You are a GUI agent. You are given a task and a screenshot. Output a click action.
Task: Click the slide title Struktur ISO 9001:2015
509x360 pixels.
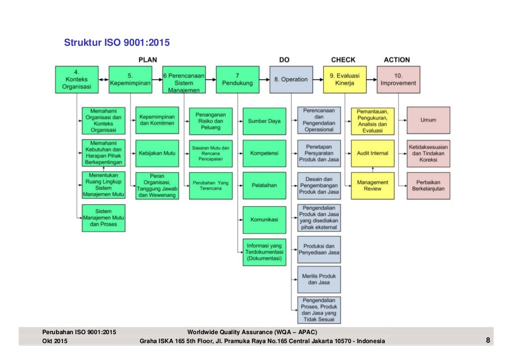click(117, 43)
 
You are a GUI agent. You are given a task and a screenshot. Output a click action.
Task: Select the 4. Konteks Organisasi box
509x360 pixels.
click(77, 79)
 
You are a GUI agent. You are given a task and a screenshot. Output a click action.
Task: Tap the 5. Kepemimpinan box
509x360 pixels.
click(130, 79)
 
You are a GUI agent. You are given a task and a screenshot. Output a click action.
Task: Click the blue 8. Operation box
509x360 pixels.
click(291, 79)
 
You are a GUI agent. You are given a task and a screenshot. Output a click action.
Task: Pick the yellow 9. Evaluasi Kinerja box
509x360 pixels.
click(344, 79)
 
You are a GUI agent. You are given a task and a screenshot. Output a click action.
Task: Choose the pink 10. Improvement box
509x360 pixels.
click(398, 79)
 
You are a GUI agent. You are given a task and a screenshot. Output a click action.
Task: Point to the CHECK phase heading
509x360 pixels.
click(343, 60)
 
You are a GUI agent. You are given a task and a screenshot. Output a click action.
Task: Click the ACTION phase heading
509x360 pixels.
click(397, 60)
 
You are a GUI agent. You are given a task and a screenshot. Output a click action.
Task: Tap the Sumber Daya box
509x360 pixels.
click(264, 121)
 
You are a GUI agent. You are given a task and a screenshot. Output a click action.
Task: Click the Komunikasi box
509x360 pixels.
click(264, 219)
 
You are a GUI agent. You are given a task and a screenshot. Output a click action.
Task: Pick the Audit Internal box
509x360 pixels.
click(372, 153)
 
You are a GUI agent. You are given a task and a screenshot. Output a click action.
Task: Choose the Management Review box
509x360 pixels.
click(372, 185)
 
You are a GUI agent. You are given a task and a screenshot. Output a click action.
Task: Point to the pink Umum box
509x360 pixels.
click(428, 120)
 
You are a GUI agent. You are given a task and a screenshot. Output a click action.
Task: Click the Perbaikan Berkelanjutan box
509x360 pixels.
click(428, 185)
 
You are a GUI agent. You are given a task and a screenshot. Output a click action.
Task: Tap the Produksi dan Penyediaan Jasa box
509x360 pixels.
click(319, 249)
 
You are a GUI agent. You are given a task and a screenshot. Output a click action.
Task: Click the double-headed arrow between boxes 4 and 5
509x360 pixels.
click(103, 79)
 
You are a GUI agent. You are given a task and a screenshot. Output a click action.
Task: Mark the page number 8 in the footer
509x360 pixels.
click(488, 341)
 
